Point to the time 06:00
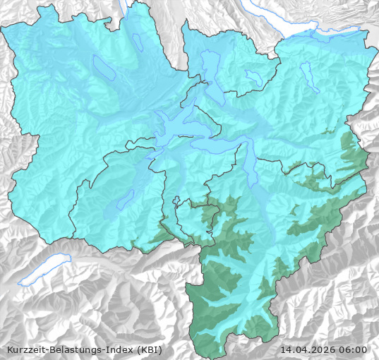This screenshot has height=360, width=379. pyautogui.click(x=354, y=349)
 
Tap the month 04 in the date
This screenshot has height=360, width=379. pyautogui.click(x=304, y=349)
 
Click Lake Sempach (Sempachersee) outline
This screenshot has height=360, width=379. pyautogui.click(x=103, y=68)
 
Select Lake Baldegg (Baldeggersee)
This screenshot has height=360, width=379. pyautogui.click(x=138, y=41)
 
